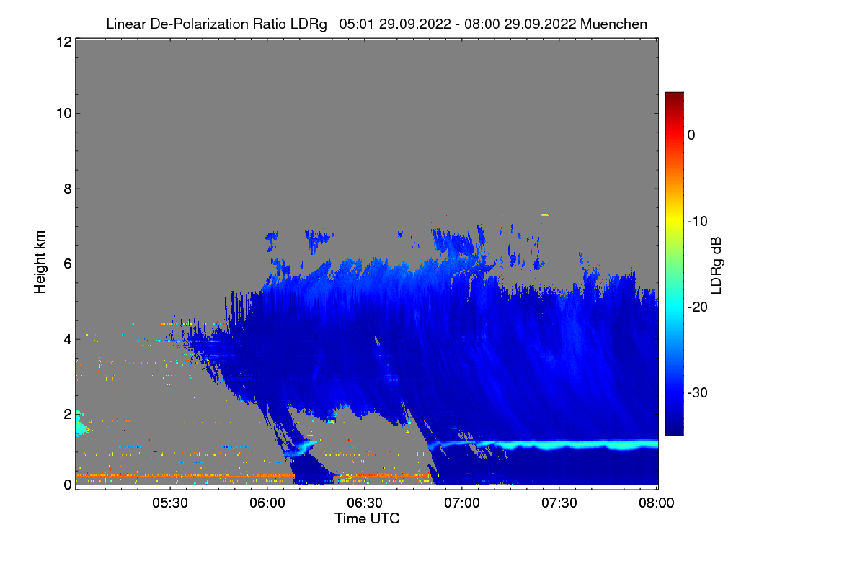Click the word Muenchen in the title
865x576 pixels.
613,24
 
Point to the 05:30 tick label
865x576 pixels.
170,503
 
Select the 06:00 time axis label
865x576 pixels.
267,503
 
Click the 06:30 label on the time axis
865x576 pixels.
365,503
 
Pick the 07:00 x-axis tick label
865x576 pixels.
462,503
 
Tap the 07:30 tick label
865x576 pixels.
559,503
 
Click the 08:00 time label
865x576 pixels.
657,503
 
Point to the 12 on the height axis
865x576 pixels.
64,42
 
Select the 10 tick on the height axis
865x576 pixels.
64,114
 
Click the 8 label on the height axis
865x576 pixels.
68,189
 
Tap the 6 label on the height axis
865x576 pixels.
68,264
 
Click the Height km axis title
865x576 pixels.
40,262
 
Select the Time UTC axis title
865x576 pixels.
367,518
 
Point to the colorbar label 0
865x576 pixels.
691,135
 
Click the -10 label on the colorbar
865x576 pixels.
698,222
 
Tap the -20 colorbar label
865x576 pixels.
698,307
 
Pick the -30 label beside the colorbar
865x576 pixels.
698,392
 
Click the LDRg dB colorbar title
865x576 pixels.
717,266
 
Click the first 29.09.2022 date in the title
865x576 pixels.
414,24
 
